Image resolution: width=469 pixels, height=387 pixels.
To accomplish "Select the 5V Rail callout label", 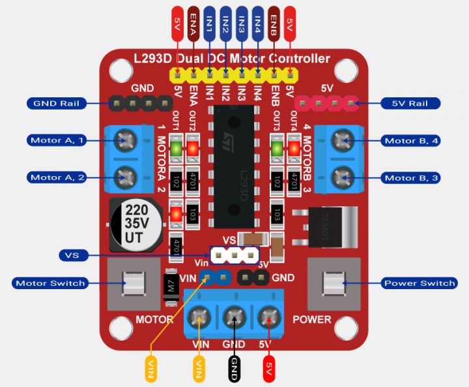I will tap(408, 103).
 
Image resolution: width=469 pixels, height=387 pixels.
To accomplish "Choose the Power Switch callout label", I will tap(419, 283).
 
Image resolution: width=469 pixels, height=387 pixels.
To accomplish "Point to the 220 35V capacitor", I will tap(134, 224).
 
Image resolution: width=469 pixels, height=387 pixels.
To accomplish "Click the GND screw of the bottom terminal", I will tap(233, 318).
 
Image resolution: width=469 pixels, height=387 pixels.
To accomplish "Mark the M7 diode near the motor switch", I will tap(172, 288).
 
